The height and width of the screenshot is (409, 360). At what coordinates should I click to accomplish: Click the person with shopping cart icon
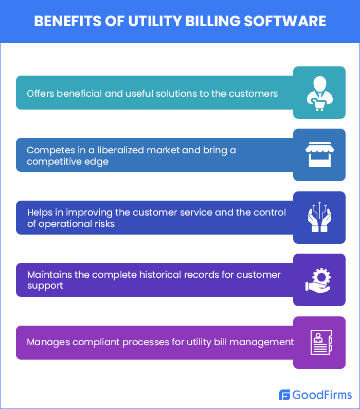319,93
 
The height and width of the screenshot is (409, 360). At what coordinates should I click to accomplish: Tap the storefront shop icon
319,155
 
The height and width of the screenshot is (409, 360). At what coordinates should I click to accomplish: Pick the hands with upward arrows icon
319,218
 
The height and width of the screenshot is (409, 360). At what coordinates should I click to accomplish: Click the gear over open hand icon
319,280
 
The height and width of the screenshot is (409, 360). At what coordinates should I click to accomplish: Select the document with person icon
319,343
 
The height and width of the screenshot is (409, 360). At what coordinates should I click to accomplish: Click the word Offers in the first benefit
41,94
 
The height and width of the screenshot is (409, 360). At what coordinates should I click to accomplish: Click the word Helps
40,212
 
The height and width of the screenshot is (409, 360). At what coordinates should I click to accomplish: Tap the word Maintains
49,274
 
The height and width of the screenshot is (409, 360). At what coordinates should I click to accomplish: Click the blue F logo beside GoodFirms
284,395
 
